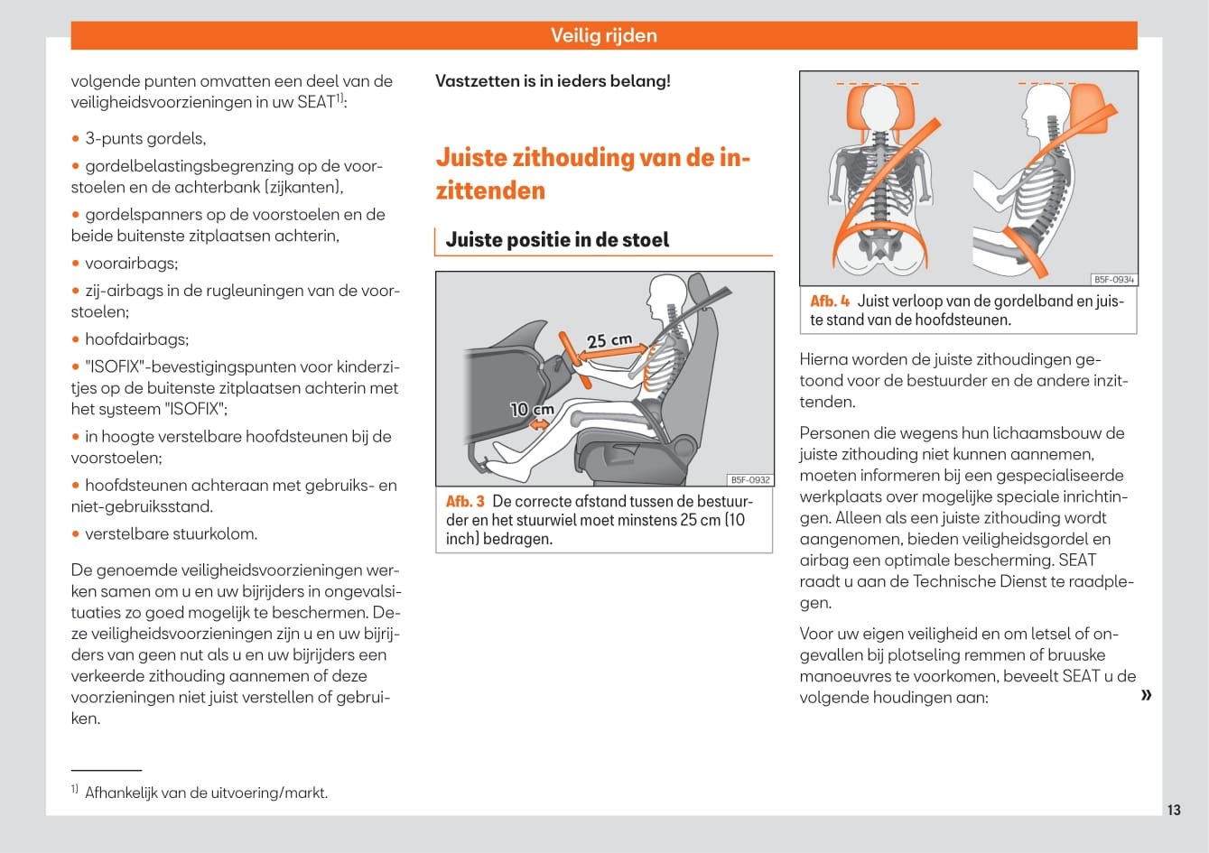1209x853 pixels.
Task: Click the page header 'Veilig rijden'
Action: click(603, 36)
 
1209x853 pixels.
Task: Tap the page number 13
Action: click(1173, 810)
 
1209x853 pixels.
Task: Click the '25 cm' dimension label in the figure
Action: click(609, 341)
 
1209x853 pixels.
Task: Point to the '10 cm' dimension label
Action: click(532, 409)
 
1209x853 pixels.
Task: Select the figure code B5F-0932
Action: click(750, 480)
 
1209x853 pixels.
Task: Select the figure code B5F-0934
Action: click(1113, 280)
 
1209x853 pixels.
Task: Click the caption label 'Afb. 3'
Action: click(465, 501)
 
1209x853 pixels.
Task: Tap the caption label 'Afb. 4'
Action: click(829, 301)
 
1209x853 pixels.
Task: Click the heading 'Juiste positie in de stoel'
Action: click(557, 240)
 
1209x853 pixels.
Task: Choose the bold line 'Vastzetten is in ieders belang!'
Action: click(553, 81)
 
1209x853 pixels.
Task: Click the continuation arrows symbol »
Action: click(1146, 694)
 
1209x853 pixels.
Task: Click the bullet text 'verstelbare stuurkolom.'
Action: click(171, 533)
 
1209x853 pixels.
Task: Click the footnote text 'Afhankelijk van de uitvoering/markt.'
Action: click(206, 793)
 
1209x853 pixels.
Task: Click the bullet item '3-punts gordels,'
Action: click(145, 139)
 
